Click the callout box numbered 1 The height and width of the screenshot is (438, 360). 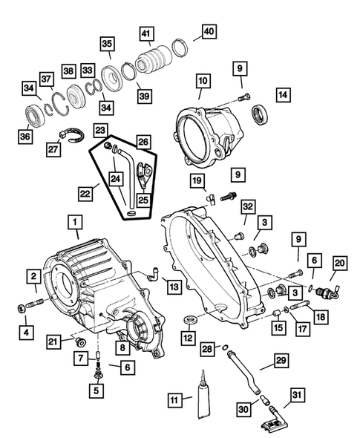tap(73, 221)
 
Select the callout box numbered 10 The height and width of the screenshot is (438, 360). tap(203, 79)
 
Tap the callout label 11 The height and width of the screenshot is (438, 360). tap(174, 400)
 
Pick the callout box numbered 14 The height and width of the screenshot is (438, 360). tap(284, 94)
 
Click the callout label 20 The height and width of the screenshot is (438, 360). tap(340, 262)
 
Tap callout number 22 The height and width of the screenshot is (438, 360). tap(87, 193)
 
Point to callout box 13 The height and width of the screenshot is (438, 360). tap(172, 287)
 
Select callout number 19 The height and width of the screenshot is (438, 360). tap(197, 180)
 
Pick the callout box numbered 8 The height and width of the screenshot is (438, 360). tap(120, 345)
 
